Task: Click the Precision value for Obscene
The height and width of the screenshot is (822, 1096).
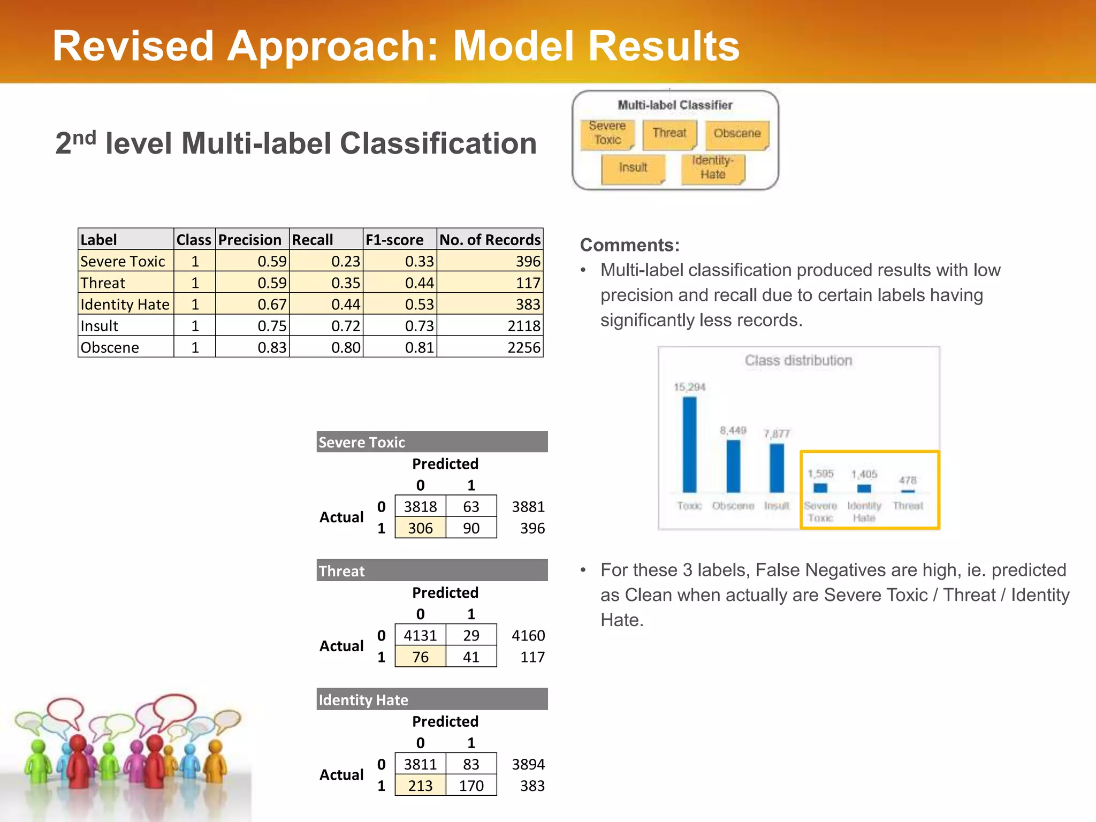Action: [272, 347]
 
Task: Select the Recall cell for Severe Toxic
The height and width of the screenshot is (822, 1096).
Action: [345, 261]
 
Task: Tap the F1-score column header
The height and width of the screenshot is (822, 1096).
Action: [394, 240]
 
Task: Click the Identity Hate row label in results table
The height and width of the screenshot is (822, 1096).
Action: [125, 305]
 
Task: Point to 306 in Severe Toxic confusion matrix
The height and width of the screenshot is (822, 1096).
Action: [420, 528]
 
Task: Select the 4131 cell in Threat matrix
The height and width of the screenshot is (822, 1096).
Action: [420, 635]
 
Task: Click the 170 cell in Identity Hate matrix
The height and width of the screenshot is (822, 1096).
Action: [471, 786]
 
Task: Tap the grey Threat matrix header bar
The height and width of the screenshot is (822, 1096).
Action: [432, 571]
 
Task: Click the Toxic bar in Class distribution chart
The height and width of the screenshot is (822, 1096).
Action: [689, 444]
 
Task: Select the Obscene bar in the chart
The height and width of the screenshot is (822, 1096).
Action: [733, 466]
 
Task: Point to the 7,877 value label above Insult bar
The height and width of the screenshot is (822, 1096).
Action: [777, 433]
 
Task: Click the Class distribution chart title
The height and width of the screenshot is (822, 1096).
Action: [798, 361]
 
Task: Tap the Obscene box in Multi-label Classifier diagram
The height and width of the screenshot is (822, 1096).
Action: [737, 133]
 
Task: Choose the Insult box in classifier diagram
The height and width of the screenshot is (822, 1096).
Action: [633, 168]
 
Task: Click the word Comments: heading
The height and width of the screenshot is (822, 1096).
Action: [629, 245]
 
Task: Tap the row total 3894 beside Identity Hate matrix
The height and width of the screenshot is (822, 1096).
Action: [528, 764]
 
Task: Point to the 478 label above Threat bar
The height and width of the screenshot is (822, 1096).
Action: [908, 480]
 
